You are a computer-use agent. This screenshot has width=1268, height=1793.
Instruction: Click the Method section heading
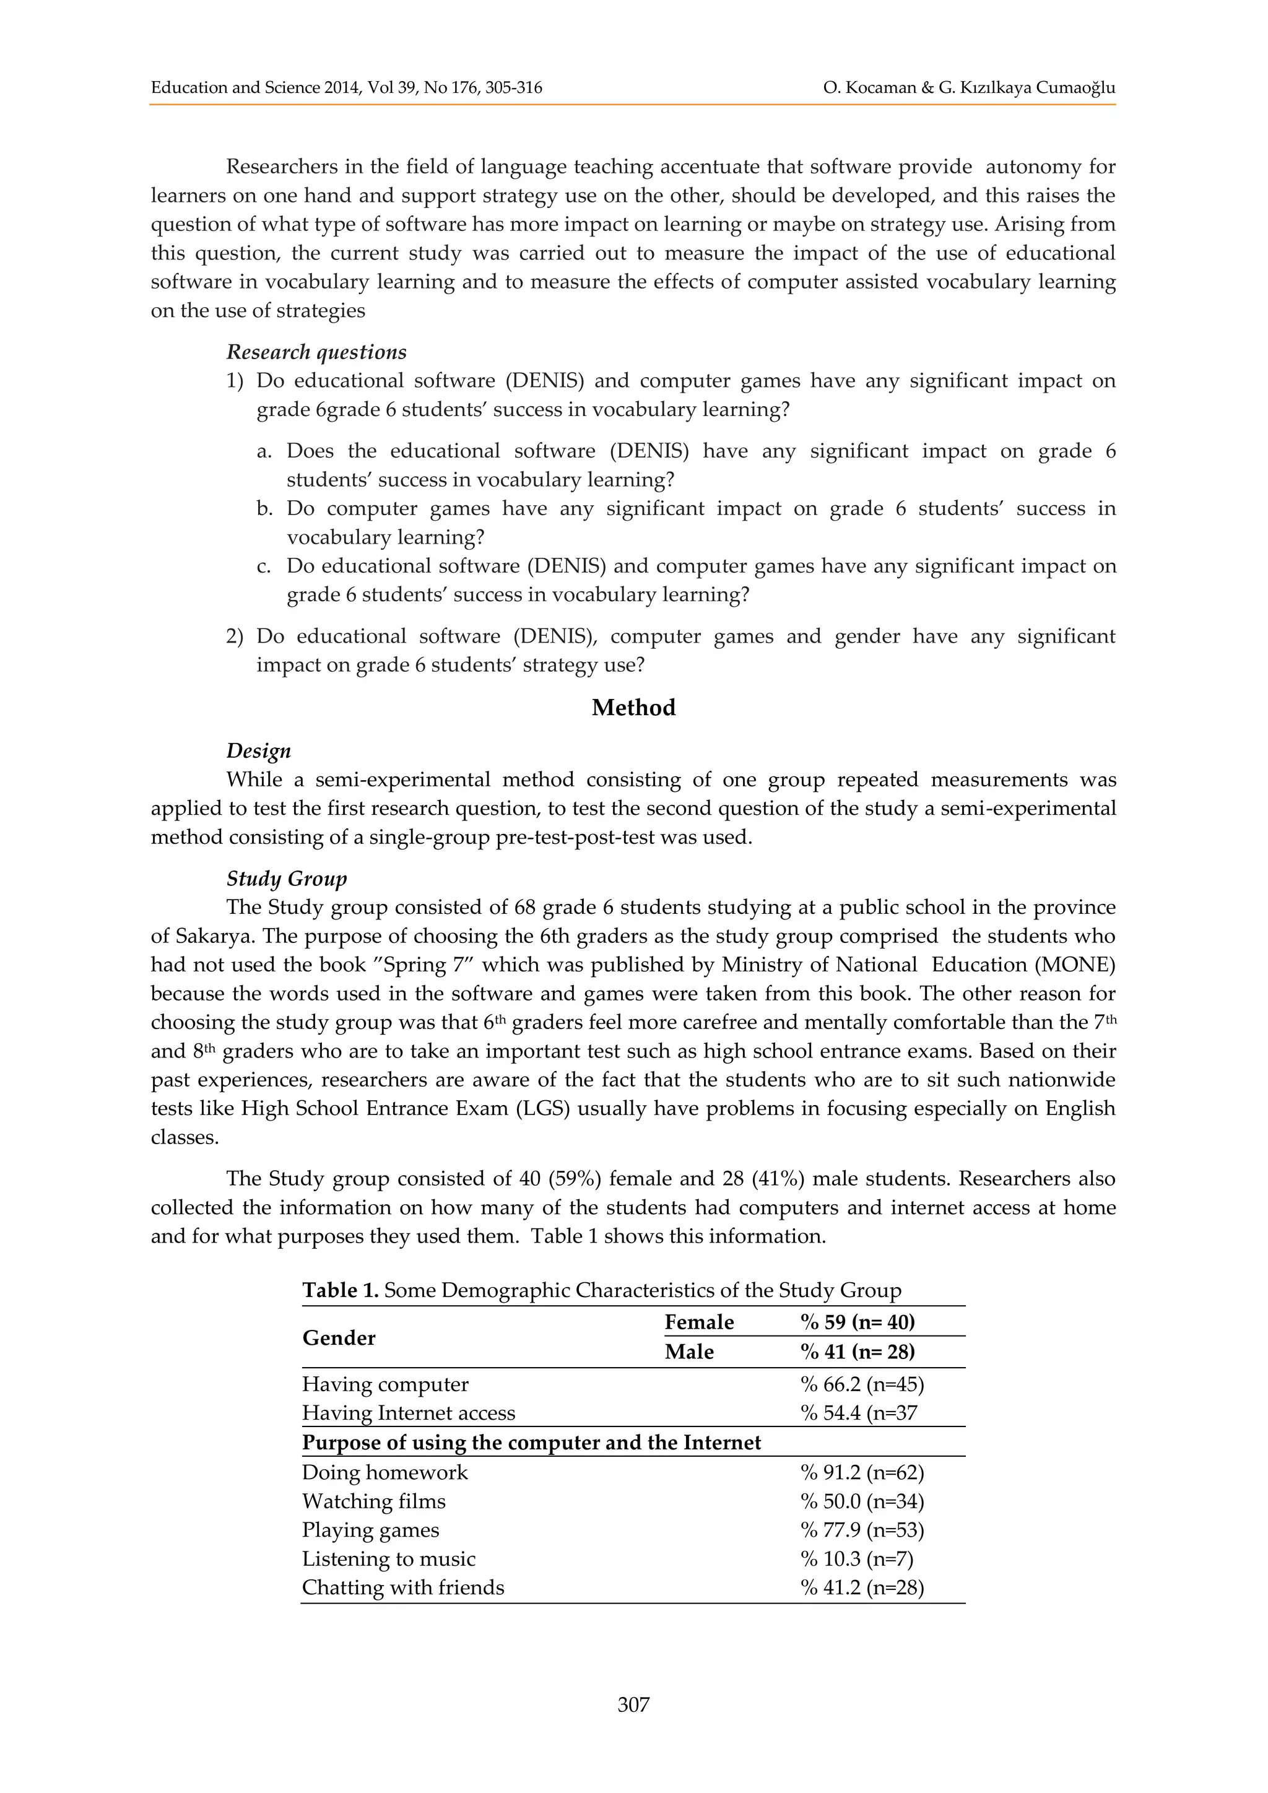[x=633, y=708]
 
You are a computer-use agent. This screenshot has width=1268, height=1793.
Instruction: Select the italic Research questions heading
[x=316, y=352]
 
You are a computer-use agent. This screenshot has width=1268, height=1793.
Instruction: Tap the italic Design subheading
[x=258, y=750]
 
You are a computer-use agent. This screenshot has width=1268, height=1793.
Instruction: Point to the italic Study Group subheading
[x=287, y=879]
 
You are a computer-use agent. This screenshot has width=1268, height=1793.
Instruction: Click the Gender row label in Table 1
[x=339, y=1338]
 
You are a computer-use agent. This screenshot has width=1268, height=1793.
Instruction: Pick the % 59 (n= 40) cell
[x=858, y=1322]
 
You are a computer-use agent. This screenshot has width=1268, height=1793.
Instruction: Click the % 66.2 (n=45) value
[x=862, y=1384]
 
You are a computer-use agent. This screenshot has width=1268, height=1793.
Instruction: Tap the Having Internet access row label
[x=409, y=1413]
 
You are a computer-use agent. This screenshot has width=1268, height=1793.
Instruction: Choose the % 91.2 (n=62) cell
[x=862, y=1473]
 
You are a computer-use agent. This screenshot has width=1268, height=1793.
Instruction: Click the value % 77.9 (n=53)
[x=862, y=1530]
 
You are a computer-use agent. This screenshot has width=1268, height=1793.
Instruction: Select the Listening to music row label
[x=388, y=1559]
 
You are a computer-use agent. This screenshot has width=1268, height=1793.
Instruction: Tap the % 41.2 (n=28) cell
[x=862, y=1587]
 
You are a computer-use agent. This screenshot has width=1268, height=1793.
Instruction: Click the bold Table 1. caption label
[x=341, y=1290]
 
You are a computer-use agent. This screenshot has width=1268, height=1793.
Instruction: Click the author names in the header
[x=969, y=87]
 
